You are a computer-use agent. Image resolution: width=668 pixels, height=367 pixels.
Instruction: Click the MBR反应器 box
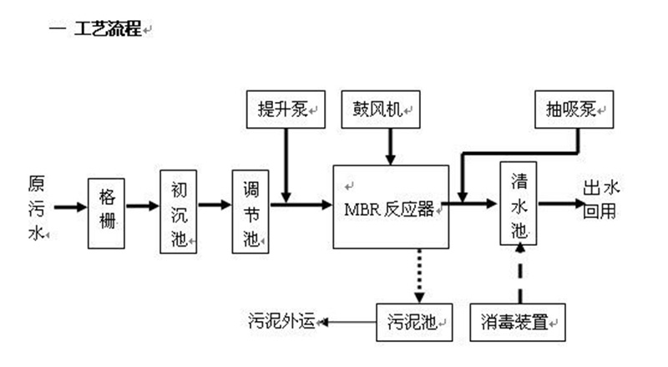(391, 206)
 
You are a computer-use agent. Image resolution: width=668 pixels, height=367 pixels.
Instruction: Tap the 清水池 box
(519, 203)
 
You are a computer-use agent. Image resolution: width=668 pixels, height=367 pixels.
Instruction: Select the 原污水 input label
(36, 206)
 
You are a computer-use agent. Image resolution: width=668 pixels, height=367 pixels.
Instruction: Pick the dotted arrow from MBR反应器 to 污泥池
(420, 275)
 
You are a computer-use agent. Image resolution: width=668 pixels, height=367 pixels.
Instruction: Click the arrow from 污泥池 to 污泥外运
(349, 321)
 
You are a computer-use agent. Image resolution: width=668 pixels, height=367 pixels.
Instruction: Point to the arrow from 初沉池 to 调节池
(215, 205)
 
